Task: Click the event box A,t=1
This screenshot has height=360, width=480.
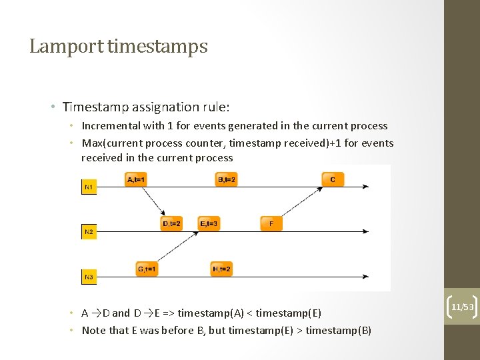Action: pyautogui.click(x=136, y=179)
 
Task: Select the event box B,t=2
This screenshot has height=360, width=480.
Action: pyautogui.click(x=227, y=179)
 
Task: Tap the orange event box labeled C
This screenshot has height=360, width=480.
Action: pyautogui.click(x=333, y=179)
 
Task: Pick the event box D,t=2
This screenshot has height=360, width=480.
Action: pyautogui.click(x=171, y=224)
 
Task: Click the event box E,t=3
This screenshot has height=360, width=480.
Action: pyautogui.click(x=209, y=224)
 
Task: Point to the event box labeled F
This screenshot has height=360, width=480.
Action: pyautogui.click(x=271, y=224)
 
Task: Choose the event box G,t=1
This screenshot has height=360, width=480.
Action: pyautogui.click(x=147, y=269)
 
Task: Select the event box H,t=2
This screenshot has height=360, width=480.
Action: pyautogui.click(x=221, y=269)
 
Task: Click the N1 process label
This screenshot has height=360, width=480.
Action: pyautogui.click(x=89, y=188)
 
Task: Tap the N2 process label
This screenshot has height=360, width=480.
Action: pyautogui.click(x=89, y=232)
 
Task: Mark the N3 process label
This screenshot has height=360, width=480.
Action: pyautogui.click(x=89, y=276)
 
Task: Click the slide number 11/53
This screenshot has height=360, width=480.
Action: pyautogui.click(x=462, y=307)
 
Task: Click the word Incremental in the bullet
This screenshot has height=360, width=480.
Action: pyautogui.click(x=111, y=125)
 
